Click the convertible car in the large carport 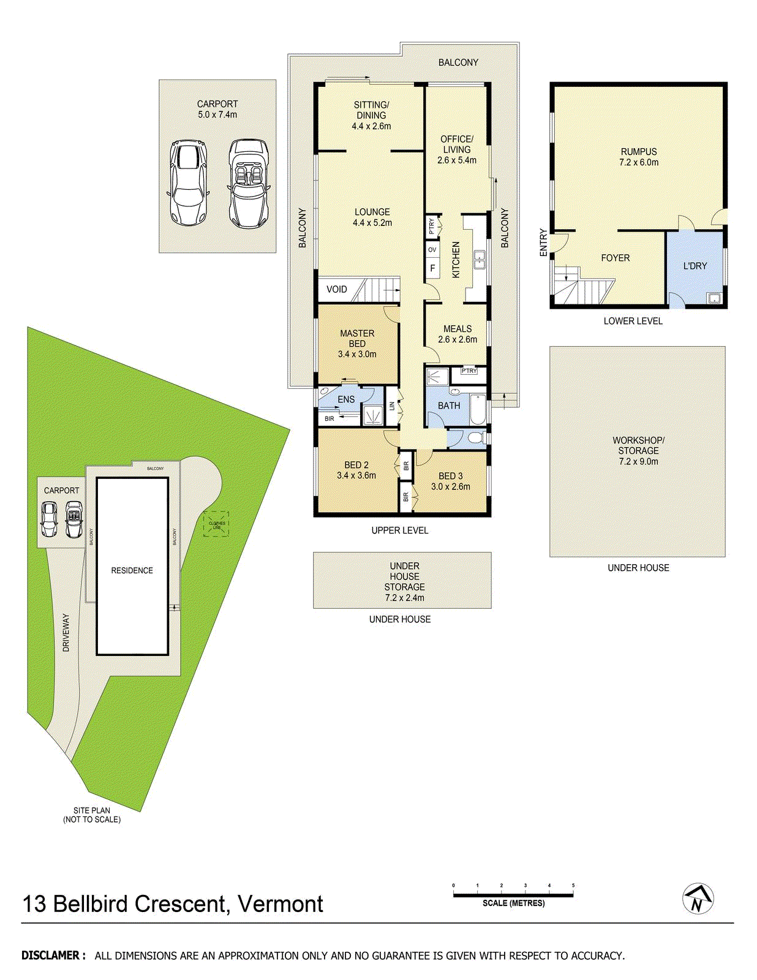249,184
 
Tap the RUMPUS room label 638,152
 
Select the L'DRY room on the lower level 695,266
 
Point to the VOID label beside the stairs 336,289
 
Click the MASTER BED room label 357,338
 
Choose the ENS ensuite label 346,399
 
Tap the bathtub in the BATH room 478,409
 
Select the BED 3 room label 450,476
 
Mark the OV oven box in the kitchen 432,249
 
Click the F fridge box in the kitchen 432,268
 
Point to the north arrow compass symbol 698,899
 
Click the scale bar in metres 513,895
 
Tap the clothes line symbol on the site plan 216,524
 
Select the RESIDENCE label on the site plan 132,570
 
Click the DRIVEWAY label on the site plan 66,632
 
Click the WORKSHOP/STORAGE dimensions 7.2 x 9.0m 638,462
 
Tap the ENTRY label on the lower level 543,243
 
